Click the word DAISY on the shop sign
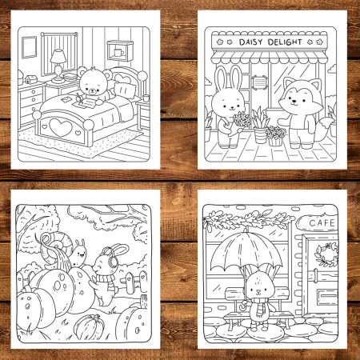(x=250, y=42)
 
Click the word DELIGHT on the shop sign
(x=285, y=42)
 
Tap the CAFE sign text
(x=322, y=222)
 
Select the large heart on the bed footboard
(x=61, y=127)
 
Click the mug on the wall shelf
(x=118, y=52)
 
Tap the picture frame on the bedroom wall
(x=29, y=47)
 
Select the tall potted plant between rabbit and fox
(x=260, y=125)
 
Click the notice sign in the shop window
(x=259, y=82)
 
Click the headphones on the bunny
(x=111, y=258)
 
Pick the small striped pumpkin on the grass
(x=89, y=326)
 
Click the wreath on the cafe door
(x=326, y=254)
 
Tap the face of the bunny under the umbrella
(x=258, y=287)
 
